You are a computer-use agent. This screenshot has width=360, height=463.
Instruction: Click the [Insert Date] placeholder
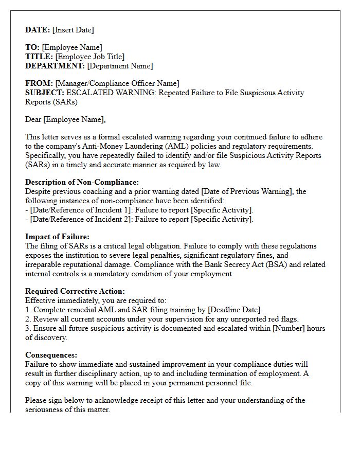pyautogui.click(x=73, y=30)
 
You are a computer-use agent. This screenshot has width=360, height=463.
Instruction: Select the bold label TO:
pyautogui.click(x=32, y=47)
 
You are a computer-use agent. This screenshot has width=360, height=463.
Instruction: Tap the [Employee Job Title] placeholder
pyautogui.click(x=90, y=57)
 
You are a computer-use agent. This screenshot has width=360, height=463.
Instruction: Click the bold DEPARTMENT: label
pyautogui.click(x=55, y=66)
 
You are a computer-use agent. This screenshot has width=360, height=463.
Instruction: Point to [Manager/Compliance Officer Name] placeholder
pyautogui.click(x=117, y=83)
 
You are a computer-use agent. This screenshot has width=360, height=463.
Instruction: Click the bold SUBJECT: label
pyautogui.click(x=45, y=93)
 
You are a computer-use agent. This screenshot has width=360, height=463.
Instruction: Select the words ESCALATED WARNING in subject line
pyautogui.click(x=111, y=93)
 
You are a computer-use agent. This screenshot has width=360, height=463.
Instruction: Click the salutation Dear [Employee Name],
pyautogui.click(x=65, y=119)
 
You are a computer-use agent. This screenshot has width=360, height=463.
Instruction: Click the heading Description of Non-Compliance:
pyautogui.click(x=82, y=182)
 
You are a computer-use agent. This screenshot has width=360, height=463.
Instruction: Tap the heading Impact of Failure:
pyautogui.click(x=57, y=237)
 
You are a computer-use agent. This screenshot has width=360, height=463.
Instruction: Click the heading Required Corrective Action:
pyautogui.click(x=75, y=291)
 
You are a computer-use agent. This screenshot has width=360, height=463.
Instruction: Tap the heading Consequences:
pyautogui.click(x=51, y=355)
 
